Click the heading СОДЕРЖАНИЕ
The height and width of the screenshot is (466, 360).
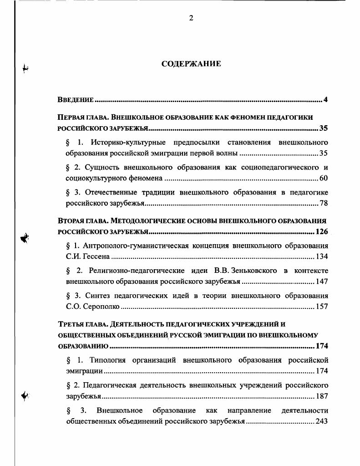click(191, 64)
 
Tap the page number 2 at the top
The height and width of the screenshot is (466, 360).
click(191, 18)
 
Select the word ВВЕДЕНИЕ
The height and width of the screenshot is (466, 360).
click(76, 100)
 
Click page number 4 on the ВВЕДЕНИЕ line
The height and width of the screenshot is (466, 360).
click(325, 100)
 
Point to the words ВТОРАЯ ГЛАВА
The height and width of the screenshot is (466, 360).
click(82, 221)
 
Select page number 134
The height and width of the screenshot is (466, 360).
click(322, 256)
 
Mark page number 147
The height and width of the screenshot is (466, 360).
click(322, 282)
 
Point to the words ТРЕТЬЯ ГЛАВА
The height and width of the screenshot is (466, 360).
click(82, 324)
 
